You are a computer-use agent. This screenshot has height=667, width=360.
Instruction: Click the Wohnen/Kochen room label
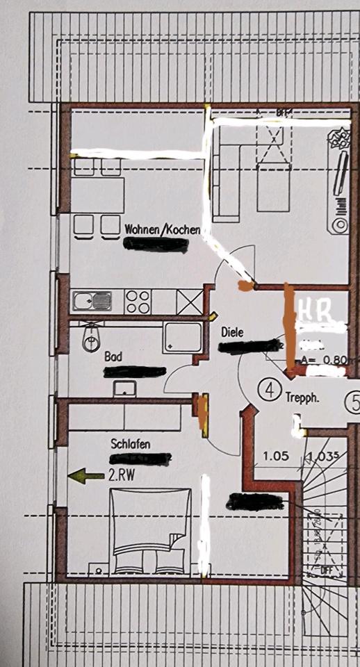pos(163,229)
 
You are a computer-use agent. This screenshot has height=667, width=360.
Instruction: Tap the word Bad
pos(113,356)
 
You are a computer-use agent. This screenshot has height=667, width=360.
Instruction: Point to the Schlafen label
pos(131,443)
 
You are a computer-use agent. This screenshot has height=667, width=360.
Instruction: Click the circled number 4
pos(268,389)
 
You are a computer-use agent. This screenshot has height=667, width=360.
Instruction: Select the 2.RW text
pos(122,476)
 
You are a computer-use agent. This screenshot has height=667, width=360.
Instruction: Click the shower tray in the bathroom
pos(182,338)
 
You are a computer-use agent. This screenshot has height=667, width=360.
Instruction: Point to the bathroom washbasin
pos(125,388)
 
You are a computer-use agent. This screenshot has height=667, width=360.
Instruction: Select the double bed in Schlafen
pos(151,532)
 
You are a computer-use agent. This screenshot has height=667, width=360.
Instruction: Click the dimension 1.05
pos(275,456)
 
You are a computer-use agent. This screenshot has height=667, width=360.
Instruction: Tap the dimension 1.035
pos(320,456)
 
